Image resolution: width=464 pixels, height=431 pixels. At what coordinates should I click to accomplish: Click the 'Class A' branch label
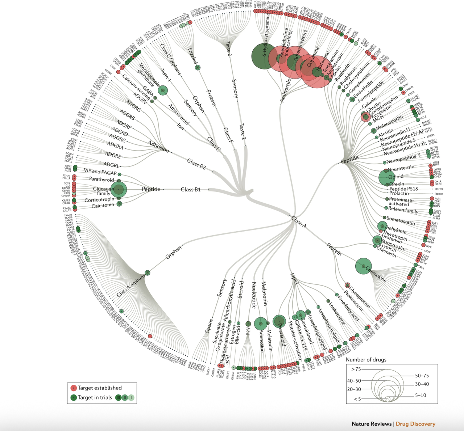click(299, 222)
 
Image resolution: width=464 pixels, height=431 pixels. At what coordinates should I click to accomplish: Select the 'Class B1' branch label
click(190, 189)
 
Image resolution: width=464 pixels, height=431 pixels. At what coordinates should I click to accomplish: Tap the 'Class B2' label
click(196, 164)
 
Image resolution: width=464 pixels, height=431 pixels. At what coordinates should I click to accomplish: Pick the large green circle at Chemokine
click(363, 266)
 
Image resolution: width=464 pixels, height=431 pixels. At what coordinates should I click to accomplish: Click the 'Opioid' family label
click(396, 177)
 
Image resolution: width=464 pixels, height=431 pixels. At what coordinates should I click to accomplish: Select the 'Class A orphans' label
click(130, 286)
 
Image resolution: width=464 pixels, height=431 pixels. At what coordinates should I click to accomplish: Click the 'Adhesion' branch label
click(158, 146)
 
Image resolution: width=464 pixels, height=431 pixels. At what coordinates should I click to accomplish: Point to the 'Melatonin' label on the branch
click(264, 293)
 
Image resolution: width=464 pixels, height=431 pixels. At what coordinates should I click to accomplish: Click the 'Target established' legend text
click(100, 388)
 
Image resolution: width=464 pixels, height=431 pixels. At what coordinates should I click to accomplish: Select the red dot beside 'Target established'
click(74, 388)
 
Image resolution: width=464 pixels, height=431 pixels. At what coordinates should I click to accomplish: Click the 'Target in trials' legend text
click(95, 397)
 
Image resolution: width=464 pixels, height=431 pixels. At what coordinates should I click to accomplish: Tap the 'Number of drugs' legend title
click(366, 360)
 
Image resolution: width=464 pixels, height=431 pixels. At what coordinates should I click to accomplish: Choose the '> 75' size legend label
click(356, 369)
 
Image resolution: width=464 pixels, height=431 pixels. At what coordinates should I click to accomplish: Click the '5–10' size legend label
click(420, 395)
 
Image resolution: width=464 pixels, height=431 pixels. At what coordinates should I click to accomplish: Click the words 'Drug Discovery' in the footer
click(415, 424)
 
